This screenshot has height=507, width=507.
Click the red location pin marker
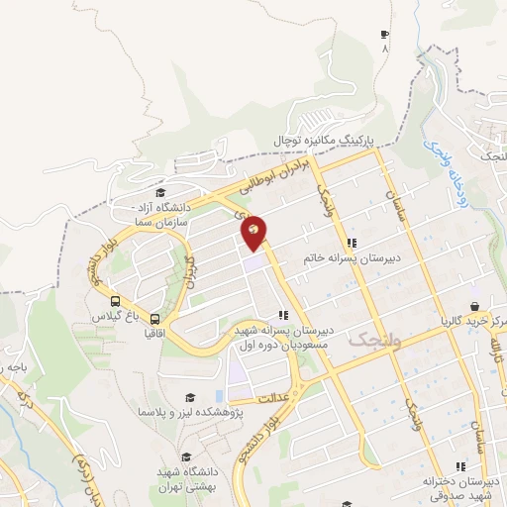tap(254, 233)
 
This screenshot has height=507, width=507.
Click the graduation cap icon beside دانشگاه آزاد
tap(159, 193)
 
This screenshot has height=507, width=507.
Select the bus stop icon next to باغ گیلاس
tap(116, 302)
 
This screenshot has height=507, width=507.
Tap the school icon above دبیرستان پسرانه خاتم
tap(351, 243)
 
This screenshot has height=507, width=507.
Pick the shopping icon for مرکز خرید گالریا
tap(474, 306)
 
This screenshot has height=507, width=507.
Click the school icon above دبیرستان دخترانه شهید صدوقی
tap(458, 466)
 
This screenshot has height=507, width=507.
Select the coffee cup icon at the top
tap(384, 35)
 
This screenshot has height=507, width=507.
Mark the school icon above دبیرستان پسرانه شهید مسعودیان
tap(284, 316)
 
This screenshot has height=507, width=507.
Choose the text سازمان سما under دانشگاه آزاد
tap(165, 226)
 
